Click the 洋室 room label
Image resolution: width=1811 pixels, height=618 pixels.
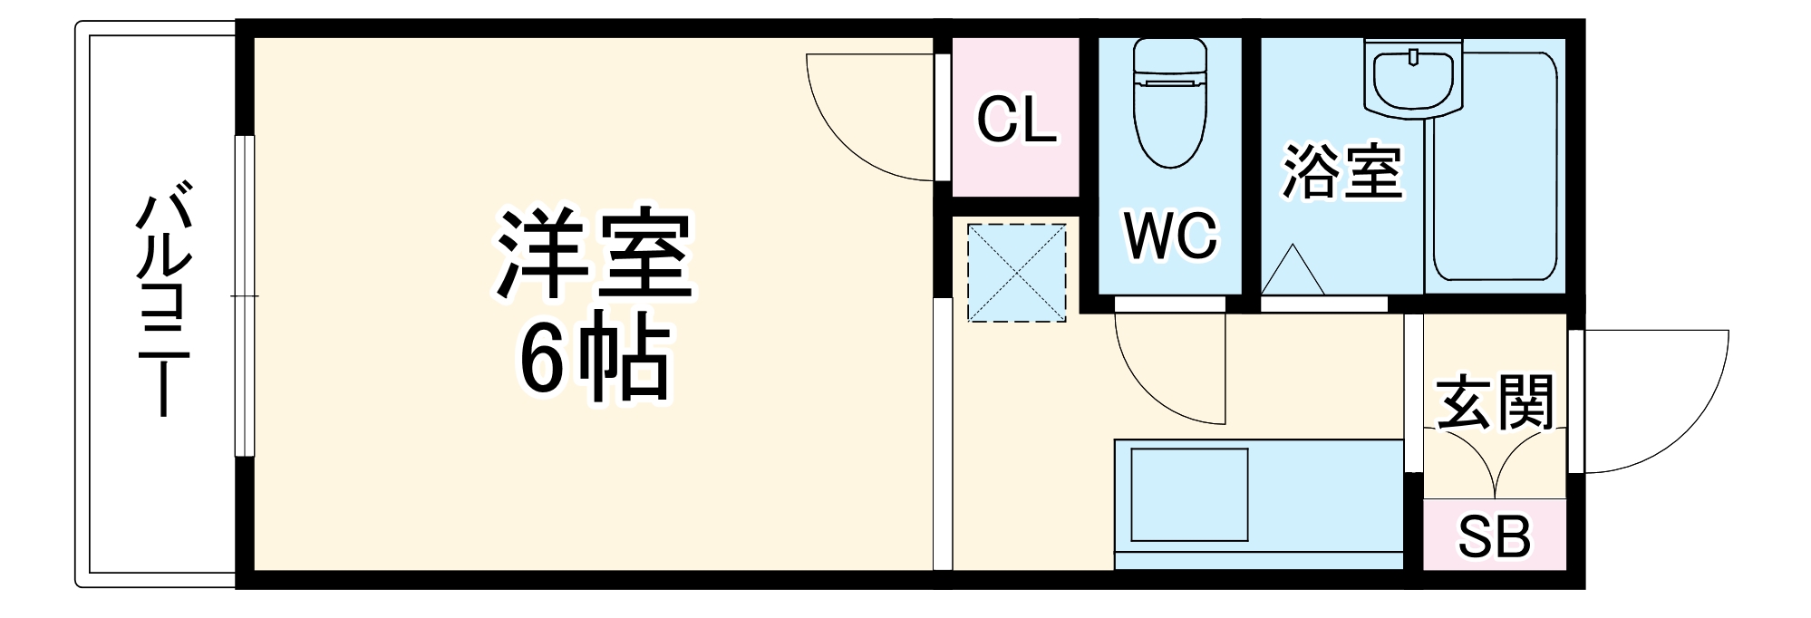594,256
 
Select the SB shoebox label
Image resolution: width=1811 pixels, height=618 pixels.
1494,536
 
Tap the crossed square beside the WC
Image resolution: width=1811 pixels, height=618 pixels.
1016,273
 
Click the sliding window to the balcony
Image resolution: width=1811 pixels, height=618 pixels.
245,296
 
